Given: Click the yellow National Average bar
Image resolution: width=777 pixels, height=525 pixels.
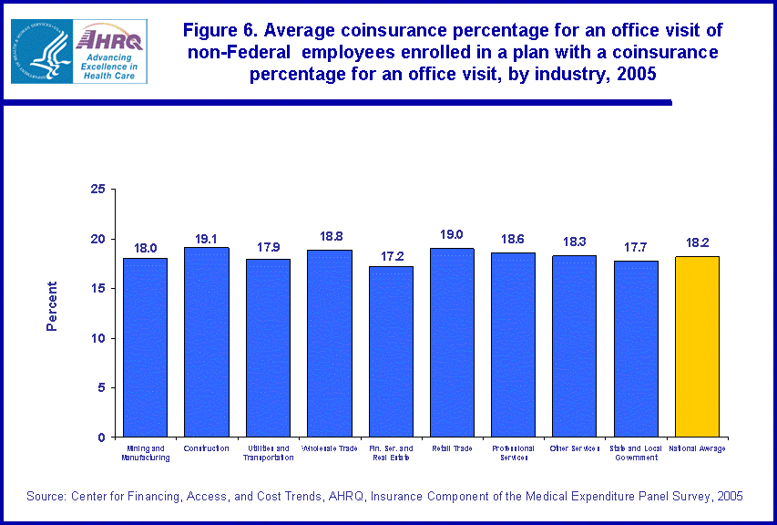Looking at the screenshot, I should point(697,346).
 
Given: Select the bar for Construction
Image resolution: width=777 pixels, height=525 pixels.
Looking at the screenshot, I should point(206,342).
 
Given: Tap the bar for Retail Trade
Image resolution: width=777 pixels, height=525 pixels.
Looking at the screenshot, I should point(452,342).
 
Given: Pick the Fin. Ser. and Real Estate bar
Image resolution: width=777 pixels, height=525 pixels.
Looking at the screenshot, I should point(391,351).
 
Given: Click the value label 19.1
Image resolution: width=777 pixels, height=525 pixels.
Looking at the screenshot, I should point(207,239).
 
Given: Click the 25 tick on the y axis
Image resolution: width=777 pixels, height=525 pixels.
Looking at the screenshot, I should point(97,189).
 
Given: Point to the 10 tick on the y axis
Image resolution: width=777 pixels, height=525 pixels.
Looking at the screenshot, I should point(97,338).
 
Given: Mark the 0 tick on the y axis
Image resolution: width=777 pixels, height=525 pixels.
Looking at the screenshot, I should point(101,437).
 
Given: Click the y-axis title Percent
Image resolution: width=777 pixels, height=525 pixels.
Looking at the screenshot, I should point(52,305).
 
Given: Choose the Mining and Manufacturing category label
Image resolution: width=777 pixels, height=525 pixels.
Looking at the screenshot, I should point(146,453).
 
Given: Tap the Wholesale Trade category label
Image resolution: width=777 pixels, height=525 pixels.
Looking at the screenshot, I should point(329,448).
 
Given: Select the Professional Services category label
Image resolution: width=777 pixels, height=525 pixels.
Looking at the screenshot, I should point(514,453).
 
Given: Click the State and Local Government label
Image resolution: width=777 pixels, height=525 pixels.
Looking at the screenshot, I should point(636,453).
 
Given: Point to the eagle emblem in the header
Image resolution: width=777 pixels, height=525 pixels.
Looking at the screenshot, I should point(41,51).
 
